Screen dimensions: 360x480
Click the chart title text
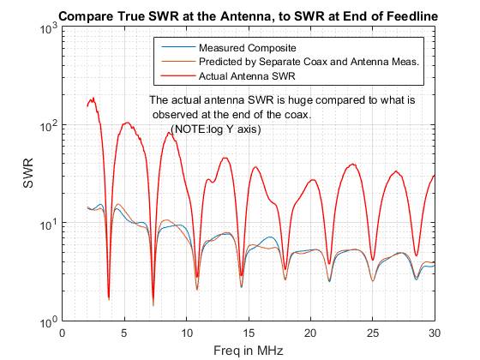(x=249, y=15)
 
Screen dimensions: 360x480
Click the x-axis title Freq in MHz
(x=249, y=351)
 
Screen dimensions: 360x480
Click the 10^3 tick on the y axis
(x=47, y=28)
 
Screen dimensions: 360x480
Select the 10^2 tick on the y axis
(x=47, y=126)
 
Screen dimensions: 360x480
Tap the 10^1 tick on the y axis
(x=47, y=225)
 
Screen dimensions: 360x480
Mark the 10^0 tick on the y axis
(x=47, y=322)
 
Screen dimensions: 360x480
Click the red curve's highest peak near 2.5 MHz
(x=93, y=99)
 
